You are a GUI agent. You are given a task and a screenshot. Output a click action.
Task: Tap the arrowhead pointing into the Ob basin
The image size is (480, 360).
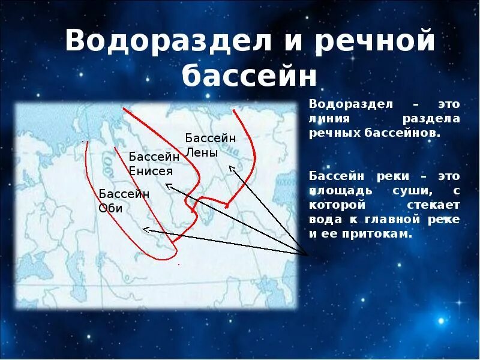click(x=145, y=229)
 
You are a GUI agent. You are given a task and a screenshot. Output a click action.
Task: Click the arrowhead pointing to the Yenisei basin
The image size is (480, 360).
click(x=169, y=185)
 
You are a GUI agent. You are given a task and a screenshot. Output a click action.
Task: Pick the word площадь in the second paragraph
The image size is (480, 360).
click(x=335, y=191)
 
